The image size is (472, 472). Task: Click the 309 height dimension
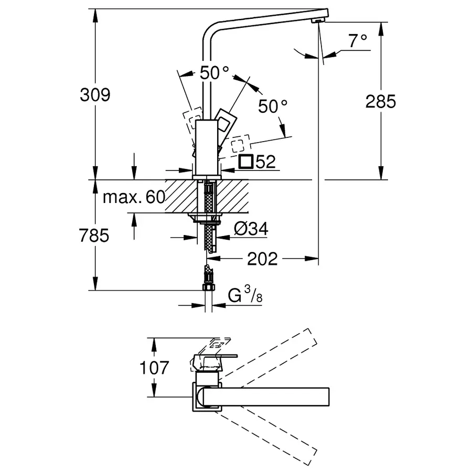pos(94,95)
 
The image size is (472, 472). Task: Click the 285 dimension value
pos(381,101)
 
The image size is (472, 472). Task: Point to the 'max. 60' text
pos(134,197)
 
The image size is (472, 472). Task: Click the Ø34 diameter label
pos(251,229)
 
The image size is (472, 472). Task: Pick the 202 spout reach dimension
pos(262,258)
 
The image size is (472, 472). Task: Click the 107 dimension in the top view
pos(154,368)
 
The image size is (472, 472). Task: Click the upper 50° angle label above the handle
pos(214,73)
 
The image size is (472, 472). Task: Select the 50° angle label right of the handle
pos(273,106)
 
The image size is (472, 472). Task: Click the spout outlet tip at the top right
pos(317,19)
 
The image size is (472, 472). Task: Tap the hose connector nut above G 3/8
pos(208,286)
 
